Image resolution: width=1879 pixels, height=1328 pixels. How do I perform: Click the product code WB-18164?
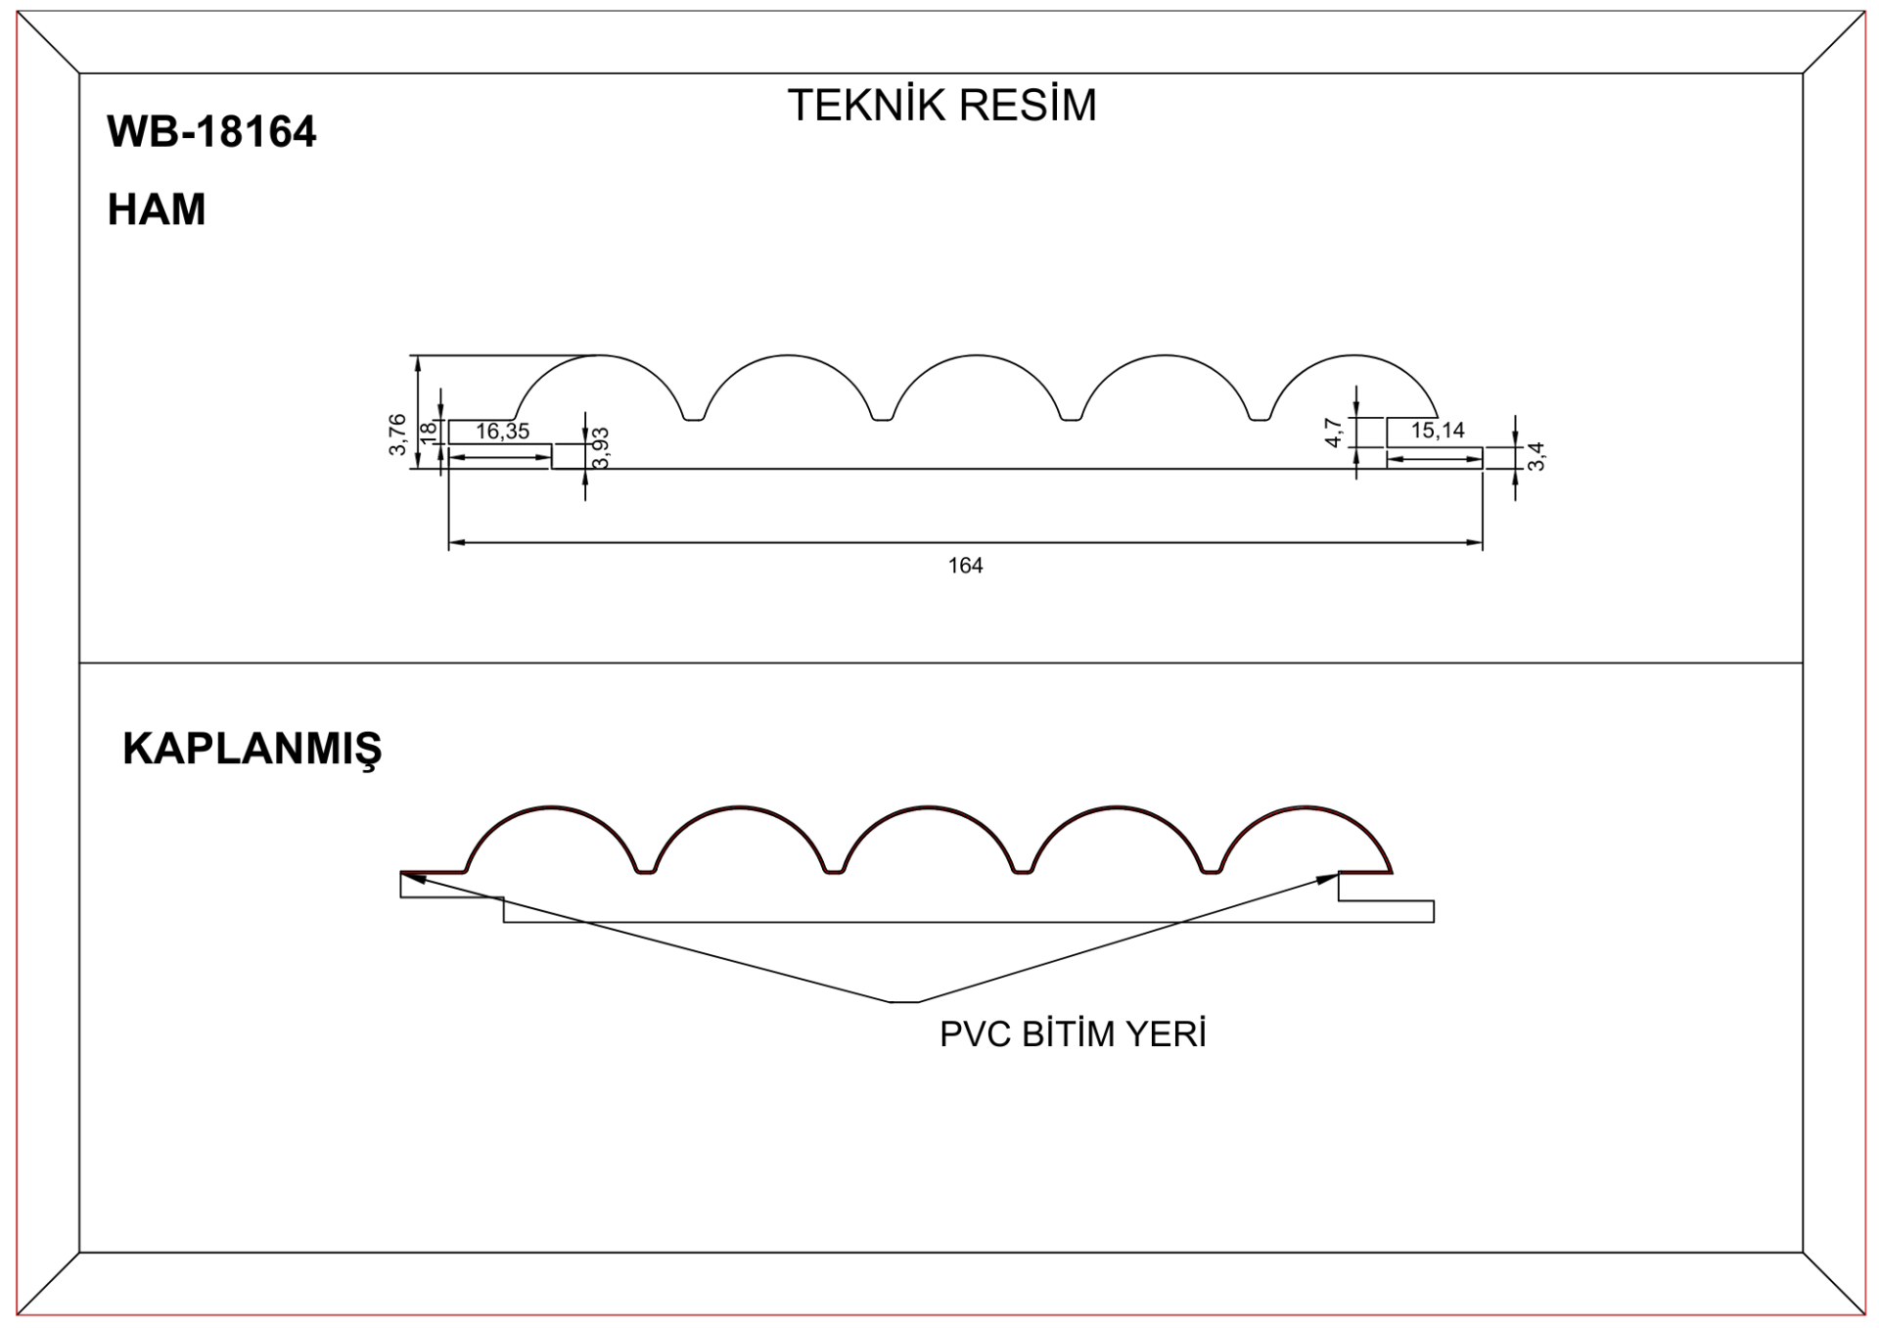click(x=211, y=132)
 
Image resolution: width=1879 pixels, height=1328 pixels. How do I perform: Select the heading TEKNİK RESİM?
click(x=941, y=106)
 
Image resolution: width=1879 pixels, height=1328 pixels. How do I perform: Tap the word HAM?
click(x=157, y=209)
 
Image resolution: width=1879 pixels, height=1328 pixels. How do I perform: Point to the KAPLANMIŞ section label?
click(x=252, y=749)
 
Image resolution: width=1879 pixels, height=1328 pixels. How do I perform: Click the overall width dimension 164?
click(x=965, y=566)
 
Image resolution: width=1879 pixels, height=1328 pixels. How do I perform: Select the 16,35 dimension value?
click(x=502, y=432)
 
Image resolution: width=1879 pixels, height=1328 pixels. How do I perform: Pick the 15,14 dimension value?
click(x=1437, y=431)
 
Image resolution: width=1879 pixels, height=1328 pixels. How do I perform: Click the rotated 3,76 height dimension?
click(x=397, y=435)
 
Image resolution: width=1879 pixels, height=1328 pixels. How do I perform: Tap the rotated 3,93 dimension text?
click(x=601, y=448)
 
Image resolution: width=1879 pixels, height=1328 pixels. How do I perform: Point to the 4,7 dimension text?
click(x=1333, y=433)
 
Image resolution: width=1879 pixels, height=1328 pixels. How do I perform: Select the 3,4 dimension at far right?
click(x=1536, y=456)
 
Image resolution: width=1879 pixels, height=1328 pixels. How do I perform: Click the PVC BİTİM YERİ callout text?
click(x=1073, y=1034)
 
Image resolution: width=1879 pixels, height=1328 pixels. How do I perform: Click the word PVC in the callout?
click(x=975, y=1034)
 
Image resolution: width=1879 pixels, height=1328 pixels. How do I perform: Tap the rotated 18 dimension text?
click(x=428, y=432)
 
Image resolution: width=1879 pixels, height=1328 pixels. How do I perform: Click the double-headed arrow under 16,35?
click(x=500, y=457)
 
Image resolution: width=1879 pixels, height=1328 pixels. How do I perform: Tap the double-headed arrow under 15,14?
click(x=1435, y=459)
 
